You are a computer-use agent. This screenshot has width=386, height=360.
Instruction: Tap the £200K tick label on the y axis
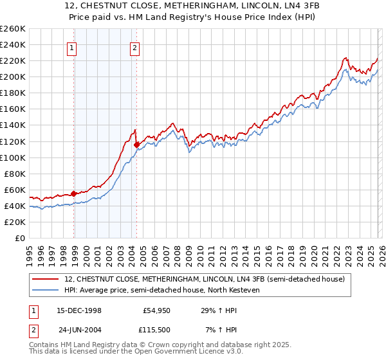(x=13, y=76)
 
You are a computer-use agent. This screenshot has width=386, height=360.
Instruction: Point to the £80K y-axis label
(x=15, y=174)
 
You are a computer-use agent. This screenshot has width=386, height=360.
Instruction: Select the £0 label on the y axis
(x=21, y=238)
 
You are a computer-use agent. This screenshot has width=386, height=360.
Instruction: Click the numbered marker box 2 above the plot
(x=134, y=47)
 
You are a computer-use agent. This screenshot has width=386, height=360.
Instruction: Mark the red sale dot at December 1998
(x=74, y=193)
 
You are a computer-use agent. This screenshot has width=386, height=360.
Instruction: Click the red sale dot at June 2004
(x=136, y=145)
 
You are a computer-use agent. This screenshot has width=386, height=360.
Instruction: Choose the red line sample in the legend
(x=46, y=279)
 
